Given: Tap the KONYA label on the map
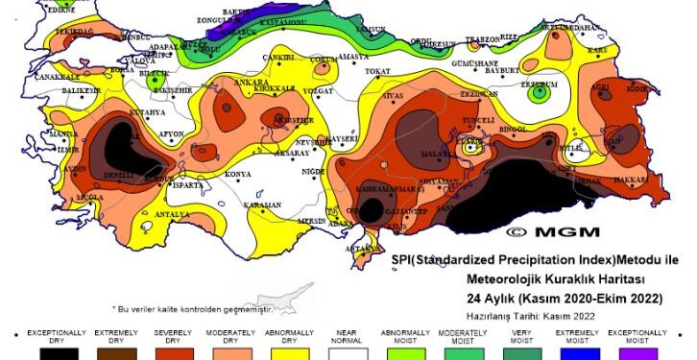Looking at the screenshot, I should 237,175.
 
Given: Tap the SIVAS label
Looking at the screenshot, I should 394,96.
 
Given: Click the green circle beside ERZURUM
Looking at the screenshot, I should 541,93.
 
